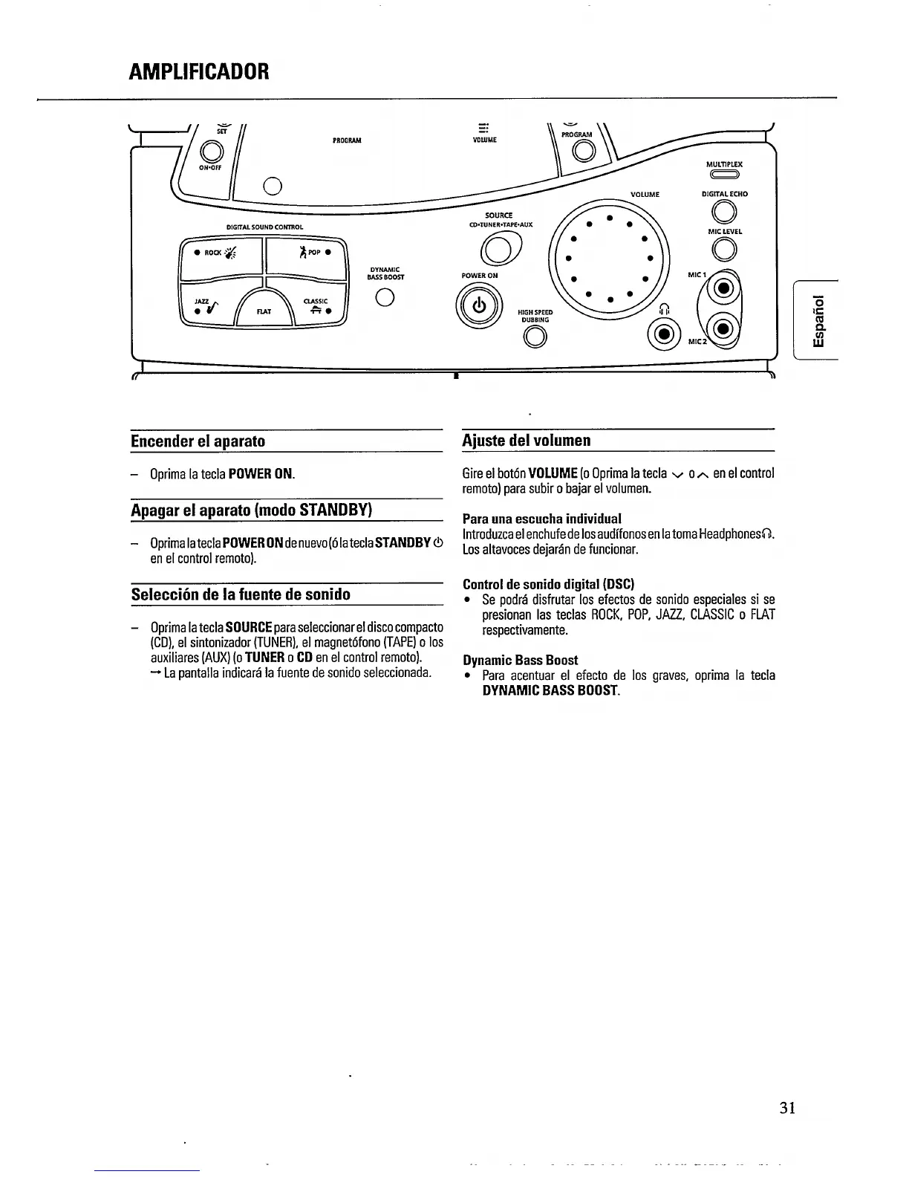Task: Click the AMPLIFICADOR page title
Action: [199, 71]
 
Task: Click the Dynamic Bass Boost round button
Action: [384, 299]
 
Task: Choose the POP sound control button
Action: [306, 253]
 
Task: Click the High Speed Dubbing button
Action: [535, 337]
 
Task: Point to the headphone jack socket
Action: [663, 332]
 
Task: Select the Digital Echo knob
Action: [724, 213]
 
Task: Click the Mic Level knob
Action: [724, 249]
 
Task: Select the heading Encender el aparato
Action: [198, 441]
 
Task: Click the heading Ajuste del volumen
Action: [527, 441]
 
